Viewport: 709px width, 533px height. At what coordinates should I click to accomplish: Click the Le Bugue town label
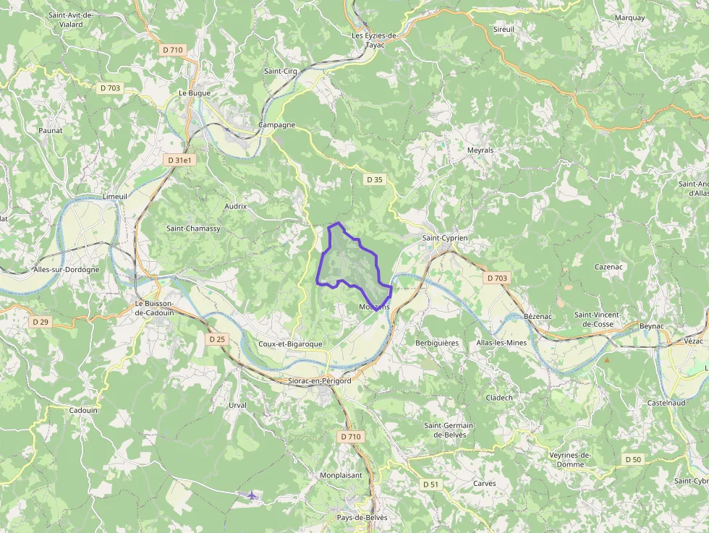[194, 93]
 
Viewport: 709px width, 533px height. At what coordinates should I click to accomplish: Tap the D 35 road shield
[374, 179]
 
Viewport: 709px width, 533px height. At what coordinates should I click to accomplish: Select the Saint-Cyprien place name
[445, 238]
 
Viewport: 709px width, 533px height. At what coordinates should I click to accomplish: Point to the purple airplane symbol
[251, 495]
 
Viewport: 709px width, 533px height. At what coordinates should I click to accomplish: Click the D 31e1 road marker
[180, 160]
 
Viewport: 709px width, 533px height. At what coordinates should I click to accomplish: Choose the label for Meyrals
[480, 150]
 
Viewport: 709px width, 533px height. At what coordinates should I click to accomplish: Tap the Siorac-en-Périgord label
[319, 380]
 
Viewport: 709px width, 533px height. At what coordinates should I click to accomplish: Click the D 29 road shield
[40, 321]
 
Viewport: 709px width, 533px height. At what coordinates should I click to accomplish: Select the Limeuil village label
[115, 197]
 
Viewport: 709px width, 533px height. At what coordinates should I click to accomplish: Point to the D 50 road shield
[632, 459]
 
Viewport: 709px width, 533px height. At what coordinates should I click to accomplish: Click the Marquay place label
[629, 17]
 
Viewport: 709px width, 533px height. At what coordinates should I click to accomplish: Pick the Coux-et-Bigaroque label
[290, 344]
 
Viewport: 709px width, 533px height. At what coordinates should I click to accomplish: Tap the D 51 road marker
[430, 484]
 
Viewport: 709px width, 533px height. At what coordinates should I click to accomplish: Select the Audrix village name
[236, 206]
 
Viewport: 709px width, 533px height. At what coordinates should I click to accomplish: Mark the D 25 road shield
[217, 338]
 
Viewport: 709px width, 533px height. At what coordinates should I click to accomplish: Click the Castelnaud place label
[666, 402]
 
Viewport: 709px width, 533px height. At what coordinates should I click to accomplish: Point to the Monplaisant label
[341, 475]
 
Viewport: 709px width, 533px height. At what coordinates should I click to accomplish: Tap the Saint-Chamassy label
[193, 229]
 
